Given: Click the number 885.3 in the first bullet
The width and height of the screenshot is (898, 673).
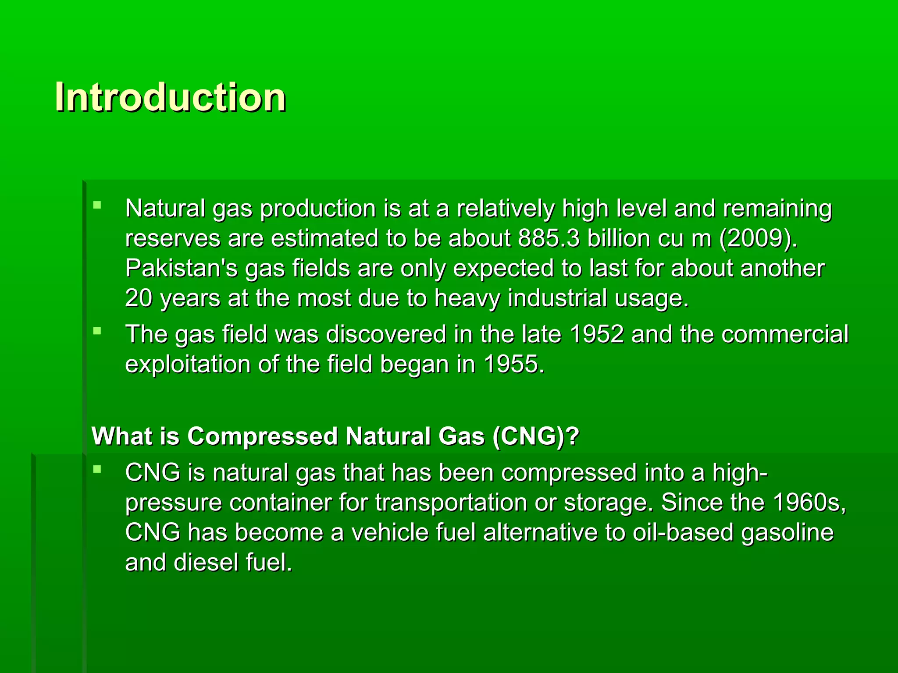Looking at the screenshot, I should [549, 239].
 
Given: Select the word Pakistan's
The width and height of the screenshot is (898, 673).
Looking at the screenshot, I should [181, 268].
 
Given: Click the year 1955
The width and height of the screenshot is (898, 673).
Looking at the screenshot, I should [513, 365].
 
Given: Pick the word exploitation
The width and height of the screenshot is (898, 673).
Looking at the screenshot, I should [188, 365].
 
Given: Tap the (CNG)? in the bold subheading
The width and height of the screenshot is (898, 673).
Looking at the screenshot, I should [536, 436].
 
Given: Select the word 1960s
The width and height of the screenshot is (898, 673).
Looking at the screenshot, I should [808, 503].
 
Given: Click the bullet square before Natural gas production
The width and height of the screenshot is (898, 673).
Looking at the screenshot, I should [97, 204].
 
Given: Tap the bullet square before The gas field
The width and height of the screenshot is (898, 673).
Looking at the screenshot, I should [97, 330].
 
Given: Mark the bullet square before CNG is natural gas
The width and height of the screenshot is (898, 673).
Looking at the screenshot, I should [97, 469].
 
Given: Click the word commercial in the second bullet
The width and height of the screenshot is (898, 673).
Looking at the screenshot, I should [785, 334].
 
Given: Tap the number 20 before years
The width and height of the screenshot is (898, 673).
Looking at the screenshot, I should [138, 298].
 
